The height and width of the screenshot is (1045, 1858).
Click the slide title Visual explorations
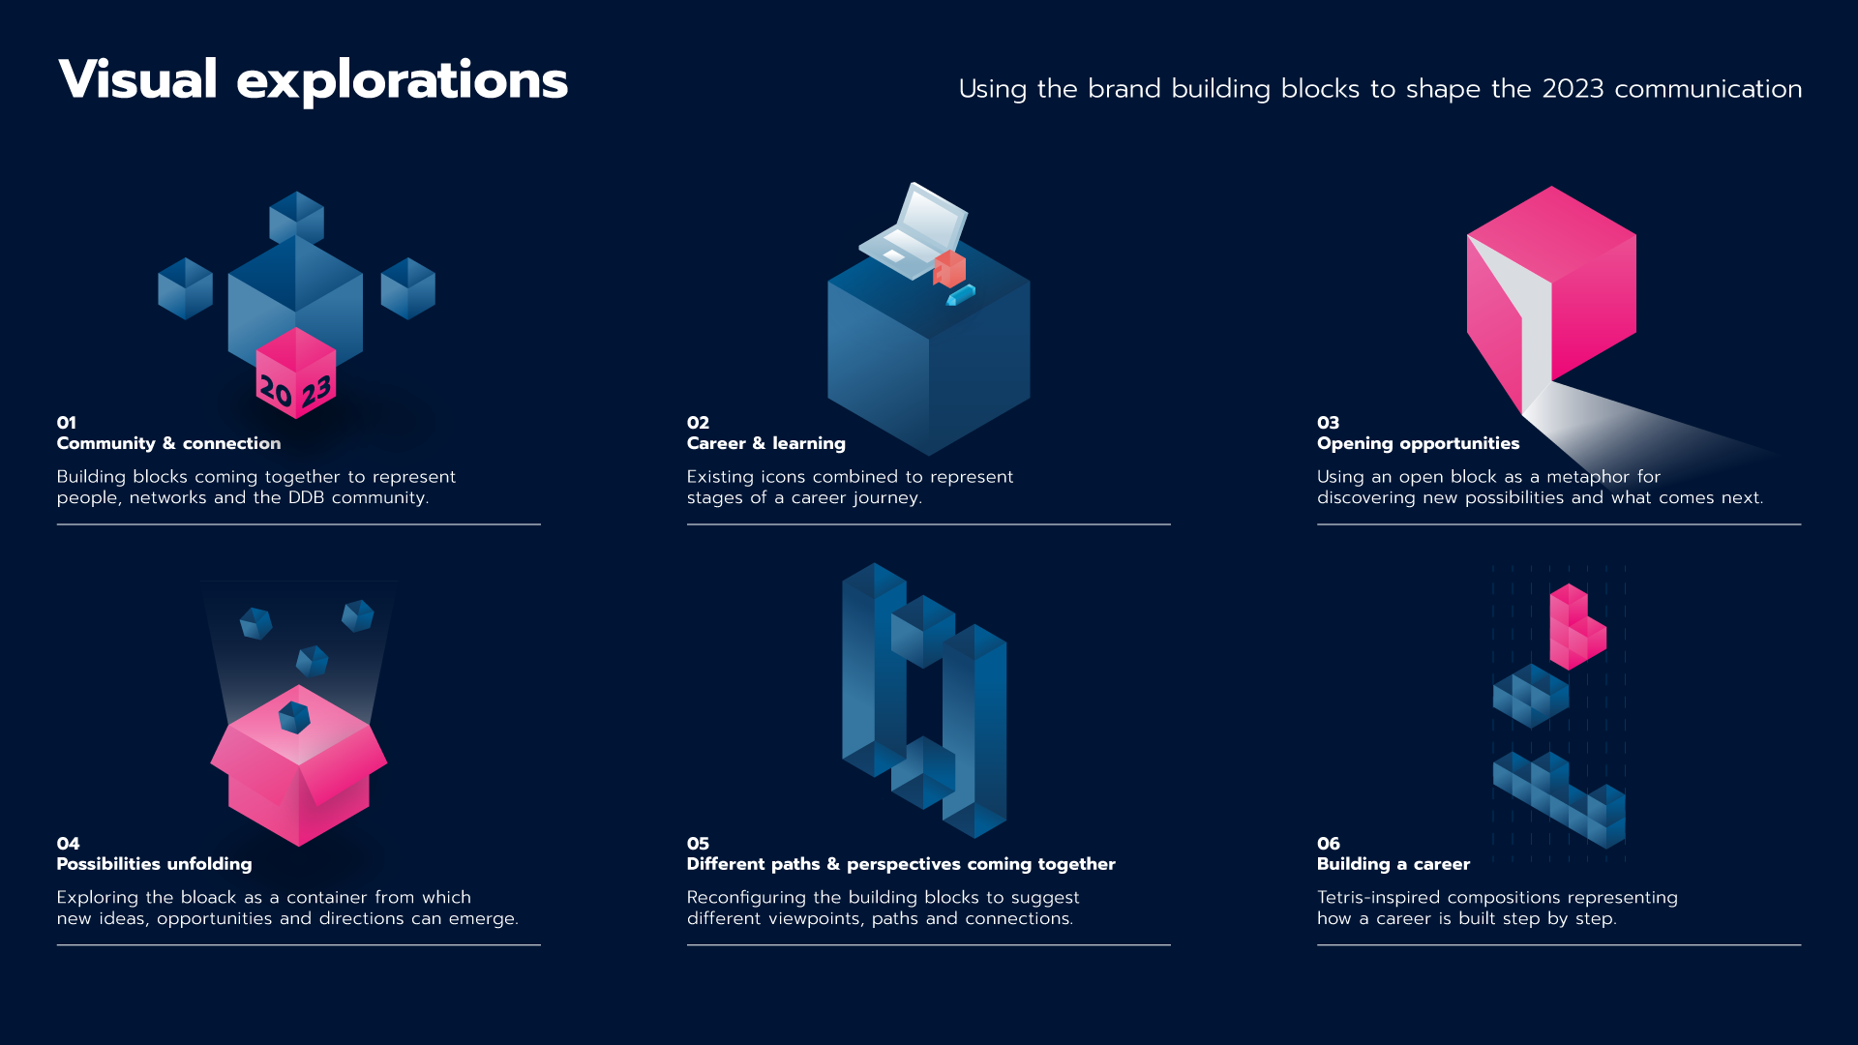point(313,80)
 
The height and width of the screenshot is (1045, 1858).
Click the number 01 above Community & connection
point(67,423)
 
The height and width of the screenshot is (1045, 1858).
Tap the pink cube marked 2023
point(296,373)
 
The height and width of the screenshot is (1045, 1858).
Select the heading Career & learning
point(766,443)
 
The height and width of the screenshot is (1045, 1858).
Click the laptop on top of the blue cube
point(913,231)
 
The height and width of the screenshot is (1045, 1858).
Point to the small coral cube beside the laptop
point(949,268)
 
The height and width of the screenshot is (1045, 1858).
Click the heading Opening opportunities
point(1418,443)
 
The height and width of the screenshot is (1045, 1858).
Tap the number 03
point(1328,423)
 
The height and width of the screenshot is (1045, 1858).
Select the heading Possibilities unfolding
point(154,864)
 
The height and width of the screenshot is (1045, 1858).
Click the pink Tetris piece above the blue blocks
point(1577,627)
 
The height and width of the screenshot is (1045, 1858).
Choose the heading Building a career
point(1393,864)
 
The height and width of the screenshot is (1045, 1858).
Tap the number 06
point(1329,844)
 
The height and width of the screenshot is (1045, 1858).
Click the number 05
point(698,844)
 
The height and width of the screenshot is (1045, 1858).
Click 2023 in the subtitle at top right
point(1573,89)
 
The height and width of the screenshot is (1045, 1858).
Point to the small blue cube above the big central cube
point(296,218)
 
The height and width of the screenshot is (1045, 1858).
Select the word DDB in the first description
point(306,497)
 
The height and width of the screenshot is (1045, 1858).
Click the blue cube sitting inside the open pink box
point(294,718)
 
